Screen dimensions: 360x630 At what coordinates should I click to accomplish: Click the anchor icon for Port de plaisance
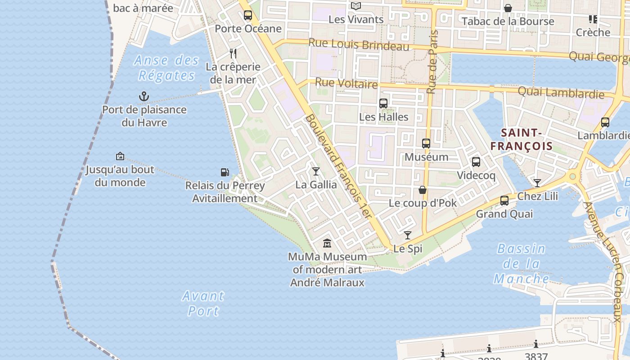(144, 96)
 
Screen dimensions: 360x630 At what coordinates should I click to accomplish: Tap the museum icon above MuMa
(327, 243)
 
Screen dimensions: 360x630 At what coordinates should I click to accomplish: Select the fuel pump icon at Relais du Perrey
(225, 172)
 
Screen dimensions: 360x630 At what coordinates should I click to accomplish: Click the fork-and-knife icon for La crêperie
(233, 54)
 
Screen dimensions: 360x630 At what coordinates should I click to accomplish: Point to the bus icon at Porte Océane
(248, 15)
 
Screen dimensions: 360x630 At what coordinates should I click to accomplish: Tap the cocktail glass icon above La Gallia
(316, 171)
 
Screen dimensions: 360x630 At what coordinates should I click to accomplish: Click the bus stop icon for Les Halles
(383, 103)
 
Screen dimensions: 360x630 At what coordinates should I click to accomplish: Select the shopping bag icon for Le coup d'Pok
(423, 190)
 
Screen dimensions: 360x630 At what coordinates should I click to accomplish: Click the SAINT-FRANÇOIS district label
(521, 139)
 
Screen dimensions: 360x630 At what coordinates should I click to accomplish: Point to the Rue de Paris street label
(432, 62)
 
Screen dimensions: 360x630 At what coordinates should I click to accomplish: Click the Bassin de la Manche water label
(521, 264)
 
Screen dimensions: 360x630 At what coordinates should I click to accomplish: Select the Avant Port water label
(203, 303)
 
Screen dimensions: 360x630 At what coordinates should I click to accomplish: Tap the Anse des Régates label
(166, 67)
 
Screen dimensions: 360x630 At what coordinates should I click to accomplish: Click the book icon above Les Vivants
(356, 6)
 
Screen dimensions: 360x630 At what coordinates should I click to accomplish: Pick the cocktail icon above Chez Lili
(537, 183)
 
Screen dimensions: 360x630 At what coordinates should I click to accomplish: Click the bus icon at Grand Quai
(504, 201)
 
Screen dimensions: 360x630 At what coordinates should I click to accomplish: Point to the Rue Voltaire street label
(346, 83)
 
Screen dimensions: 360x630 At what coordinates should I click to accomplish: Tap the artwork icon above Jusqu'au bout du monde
(120, 156)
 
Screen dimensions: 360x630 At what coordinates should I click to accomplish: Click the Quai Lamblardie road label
(561, 93)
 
